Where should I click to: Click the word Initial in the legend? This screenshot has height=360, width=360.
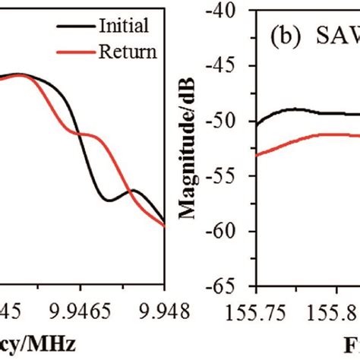coord(125,27)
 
